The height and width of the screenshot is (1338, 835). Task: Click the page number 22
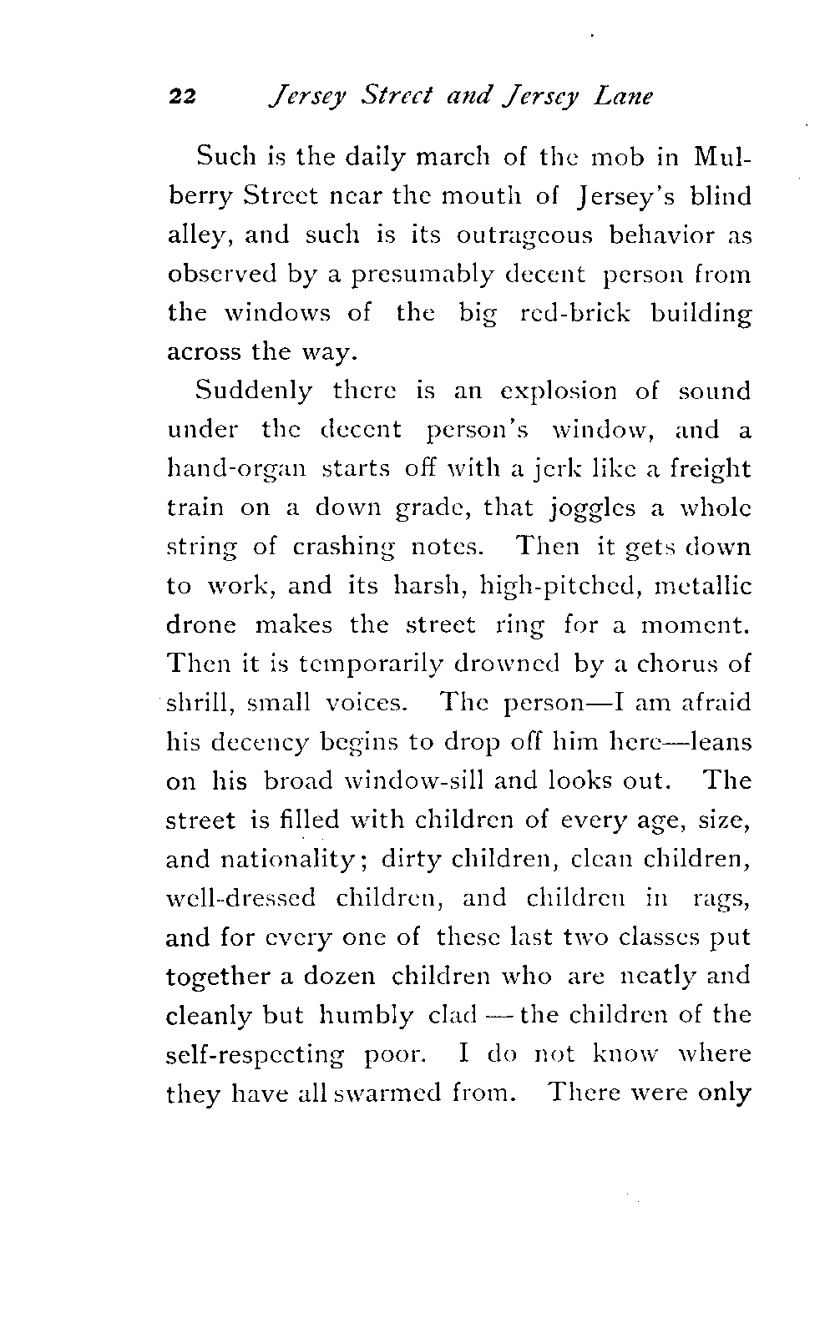click(x=181, y=97)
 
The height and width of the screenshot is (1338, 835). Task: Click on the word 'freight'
click(x=708, y=468)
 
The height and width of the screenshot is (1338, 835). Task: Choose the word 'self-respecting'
click(x=256, y=1054)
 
